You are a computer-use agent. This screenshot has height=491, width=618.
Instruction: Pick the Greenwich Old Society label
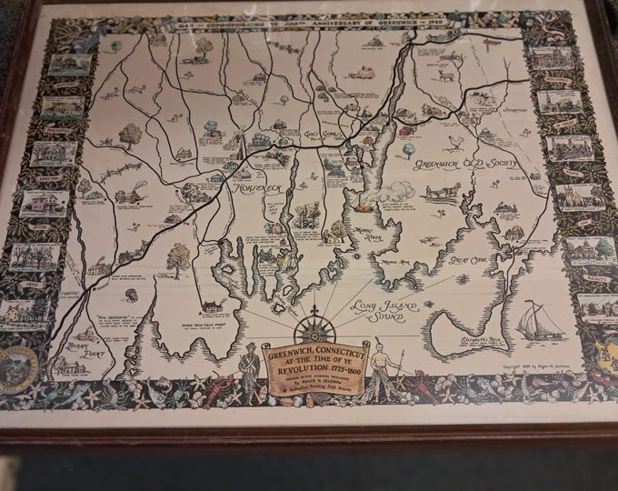pos(464,164)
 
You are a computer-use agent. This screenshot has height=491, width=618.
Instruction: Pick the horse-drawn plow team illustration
pos(443,192)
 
